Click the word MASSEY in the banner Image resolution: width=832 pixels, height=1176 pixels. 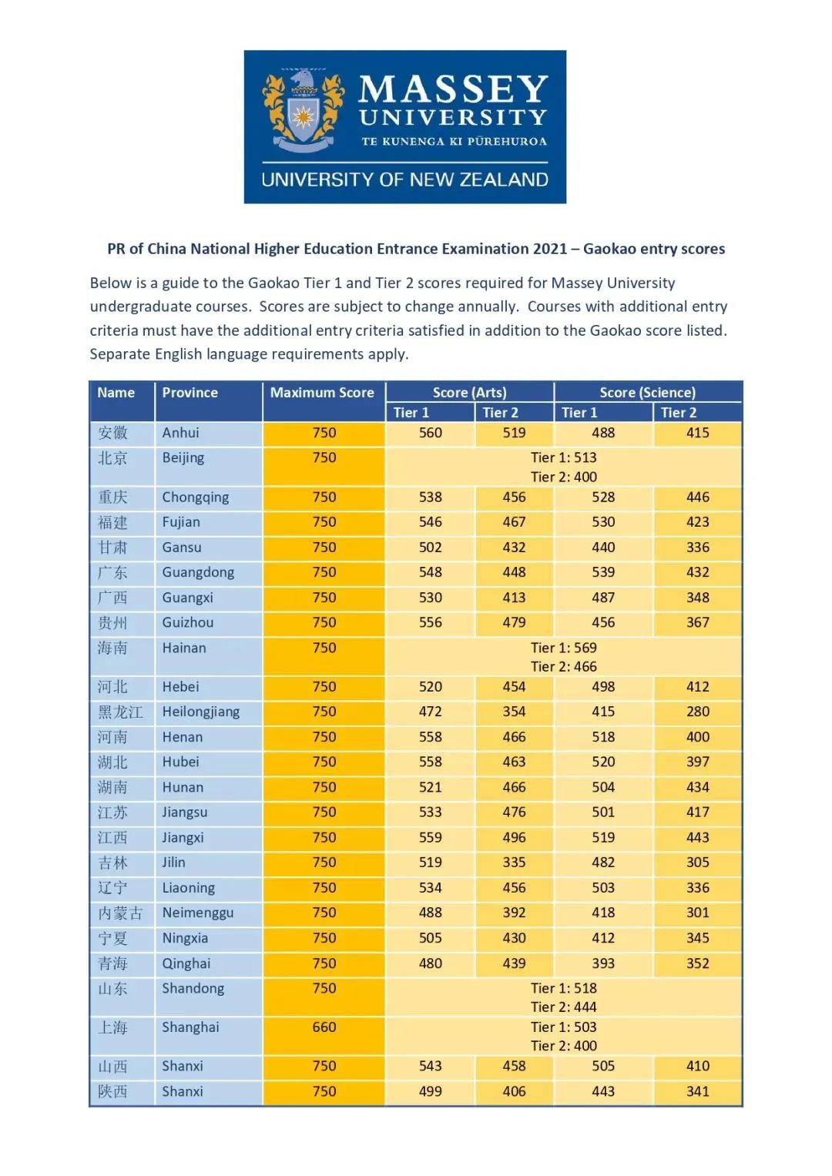tap(453, 89)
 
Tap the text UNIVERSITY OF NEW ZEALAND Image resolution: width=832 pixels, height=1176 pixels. tap(404, 179)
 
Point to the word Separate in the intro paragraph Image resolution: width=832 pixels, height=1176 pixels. tap(119, 354)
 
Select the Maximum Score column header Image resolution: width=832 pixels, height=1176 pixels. tap(322, 393)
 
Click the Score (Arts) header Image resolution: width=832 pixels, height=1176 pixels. tap(469, 393)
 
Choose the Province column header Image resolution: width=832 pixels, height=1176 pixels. tap(190, 393)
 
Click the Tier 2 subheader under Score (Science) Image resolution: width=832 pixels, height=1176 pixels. tap(678, 413)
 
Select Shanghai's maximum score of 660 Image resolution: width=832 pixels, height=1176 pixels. tap(324, 1027)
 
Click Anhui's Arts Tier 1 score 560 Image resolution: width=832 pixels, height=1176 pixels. tap(431, 433)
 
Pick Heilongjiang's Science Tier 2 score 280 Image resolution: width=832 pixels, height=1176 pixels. tap(698, 712)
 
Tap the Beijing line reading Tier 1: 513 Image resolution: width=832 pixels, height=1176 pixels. tap(563, 457)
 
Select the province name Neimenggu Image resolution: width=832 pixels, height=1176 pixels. tap(197, 913)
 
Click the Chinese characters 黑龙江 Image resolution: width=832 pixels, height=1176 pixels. tap(120, 712)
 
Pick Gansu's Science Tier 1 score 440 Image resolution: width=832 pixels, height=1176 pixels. tap(603, 548)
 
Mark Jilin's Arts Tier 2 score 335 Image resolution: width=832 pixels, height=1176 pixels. tap(514, 863)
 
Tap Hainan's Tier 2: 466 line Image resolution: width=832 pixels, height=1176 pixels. tap(563, 667)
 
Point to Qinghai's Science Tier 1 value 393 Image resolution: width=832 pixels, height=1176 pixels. tap(603, 963)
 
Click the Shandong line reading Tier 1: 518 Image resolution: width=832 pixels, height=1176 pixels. tap(563, 988)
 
